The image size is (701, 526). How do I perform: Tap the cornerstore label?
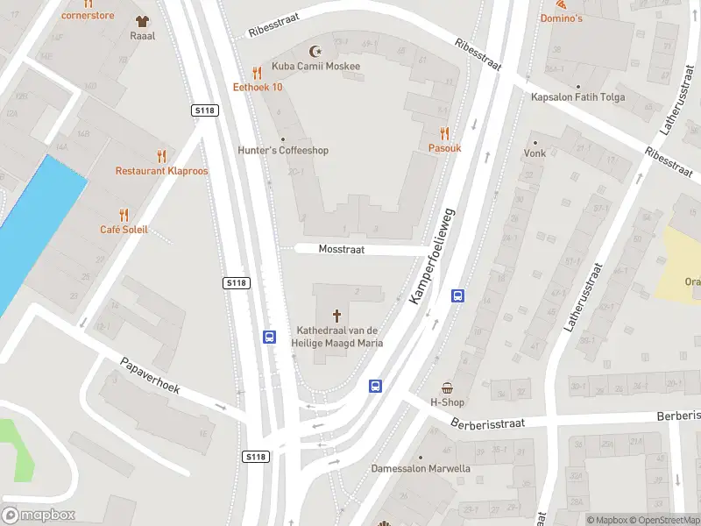[89, 16]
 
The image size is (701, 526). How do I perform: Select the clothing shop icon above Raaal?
[142, 20]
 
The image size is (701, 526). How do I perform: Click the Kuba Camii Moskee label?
[315, 66]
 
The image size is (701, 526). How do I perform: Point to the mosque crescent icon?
[315, 50]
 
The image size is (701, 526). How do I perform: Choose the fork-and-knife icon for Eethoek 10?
[257, 73]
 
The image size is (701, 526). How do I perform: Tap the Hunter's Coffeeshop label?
[283, 150]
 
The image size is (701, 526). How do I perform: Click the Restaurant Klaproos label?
[162, 171]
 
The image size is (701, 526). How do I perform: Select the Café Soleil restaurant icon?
[124, 214]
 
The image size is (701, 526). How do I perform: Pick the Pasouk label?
[444, 148]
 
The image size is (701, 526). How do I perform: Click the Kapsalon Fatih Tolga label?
[577, 96]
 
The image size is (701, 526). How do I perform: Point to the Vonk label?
[535, 153]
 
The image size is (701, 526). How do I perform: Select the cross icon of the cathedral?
[337, 315]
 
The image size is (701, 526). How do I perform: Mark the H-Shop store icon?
[447, 387]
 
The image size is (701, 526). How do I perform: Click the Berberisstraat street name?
[489, 423]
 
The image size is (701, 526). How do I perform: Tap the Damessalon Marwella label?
[421, 468]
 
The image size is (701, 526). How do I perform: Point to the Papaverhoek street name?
[150, 375]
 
